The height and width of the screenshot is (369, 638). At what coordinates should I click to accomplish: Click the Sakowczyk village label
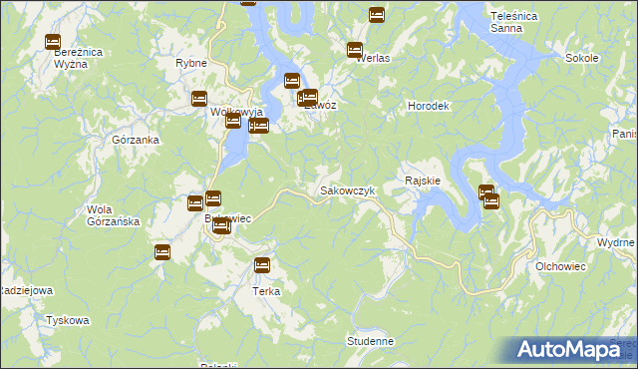click(347, 189)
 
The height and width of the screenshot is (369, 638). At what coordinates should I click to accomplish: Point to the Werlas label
click(373, 58)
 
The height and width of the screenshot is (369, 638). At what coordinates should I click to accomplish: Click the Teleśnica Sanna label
click(515, 22)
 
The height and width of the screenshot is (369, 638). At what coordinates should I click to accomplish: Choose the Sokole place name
click(581, 58)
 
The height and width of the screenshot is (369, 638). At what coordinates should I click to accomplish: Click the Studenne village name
click(370, 341)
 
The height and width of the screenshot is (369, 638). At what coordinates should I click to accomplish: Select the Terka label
click(265, 291)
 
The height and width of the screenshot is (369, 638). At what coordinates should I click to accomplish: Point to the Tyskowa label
click(68, 321)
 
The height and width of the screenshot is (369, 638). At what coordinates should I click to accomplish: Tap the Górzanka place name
click(137, 141)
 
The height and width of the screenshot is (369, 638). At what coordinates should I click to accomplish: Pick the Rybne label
click(190, 63)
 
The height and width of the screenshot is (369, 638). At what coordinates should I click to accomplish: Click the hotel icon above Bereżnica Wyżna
click(53, 42)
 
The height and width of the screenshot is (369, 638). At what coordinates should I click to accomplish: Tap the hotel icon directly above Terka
click(262, 265)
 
